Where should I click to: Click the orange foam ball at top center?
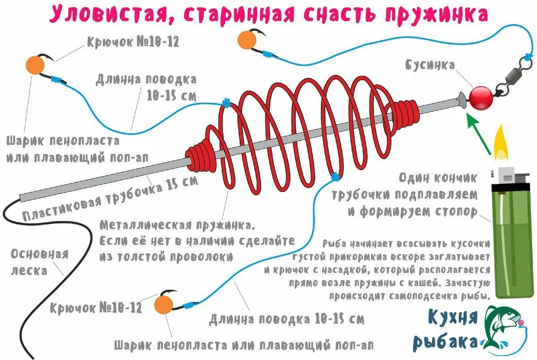pos(247,40)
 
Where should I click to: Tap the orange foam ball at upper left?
pos(35,66)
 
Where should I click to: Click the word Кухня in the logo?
pos(452,318)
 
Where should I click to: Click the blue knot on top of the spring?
pos(226,104)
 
